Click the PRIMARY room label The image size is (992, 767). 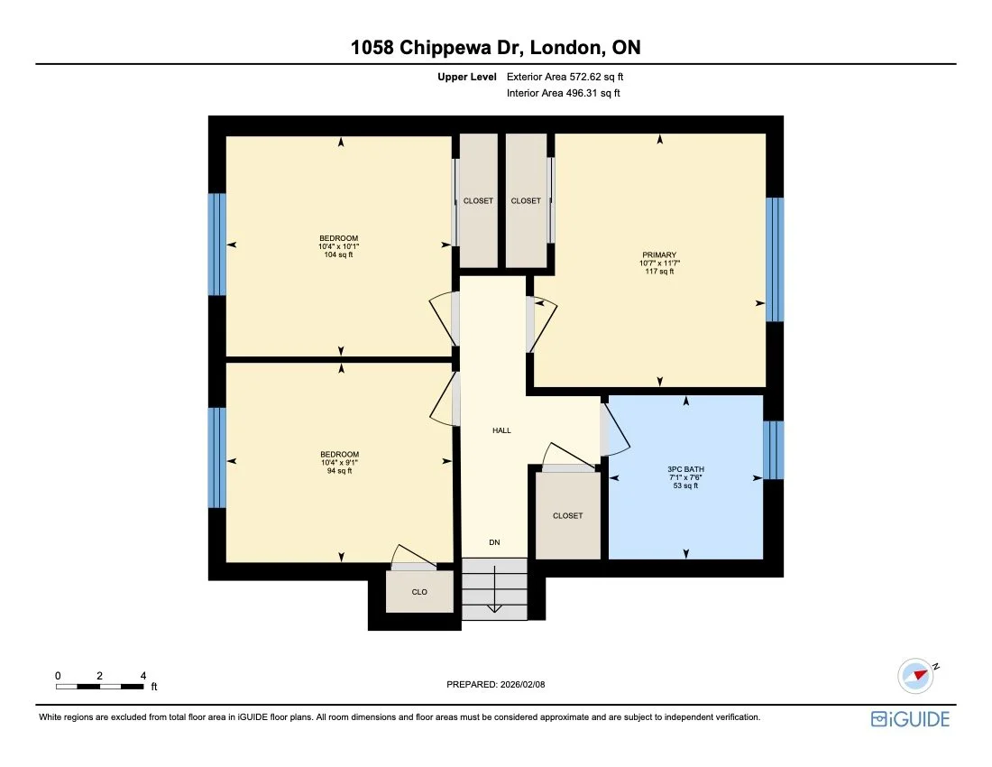pos(659,255)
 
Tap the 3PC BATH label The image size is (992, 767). pos(685,469)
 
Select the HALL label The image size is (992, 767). pos(501,430)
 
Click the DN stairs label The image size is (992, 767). pos(494,542)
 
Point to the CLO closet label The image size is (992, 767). pos(419,592)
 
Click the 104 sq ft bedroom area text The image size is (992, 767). pos(339,254)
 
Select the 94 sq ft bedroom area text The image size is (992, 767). pos(339,471)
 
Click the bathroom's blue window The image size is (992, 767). pos(774,449)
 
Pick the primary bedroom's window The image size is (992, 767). pos(775,259)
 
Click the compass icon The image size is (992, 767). pos(916,674)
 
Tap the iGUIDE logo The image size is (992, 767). pos(910,718)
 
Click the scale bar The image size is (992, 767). pos(99,687)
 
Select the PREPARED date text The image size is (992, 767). pos(496,685)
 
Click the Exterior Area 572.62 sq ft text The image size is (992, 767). pos(565,78)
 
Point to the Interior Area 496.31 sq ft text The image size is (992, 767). pos(564,93)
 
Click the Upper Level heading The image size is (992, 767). pos(466,78)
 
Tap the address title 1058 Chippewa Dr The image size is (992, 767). pos(496,48)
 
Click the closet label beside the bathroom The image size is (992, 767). pos(567,516)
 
